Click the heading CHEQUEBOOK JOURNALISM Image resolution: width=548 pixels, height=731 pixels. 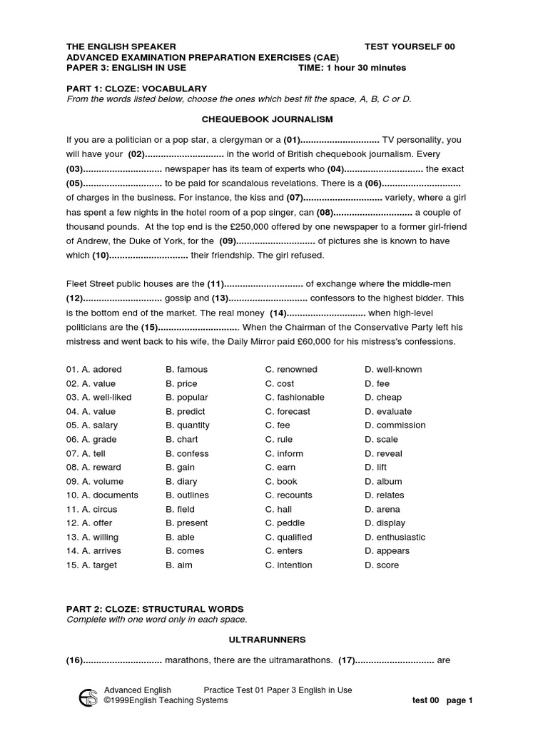[268, 119]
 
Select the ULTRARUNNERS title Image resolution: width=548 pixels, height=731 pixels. [267, 640]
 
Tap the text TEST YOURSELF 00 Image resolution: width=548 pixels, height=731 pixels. [409, 46]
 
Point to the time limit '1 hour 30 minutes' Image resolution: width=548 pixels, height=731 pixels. [366, 68]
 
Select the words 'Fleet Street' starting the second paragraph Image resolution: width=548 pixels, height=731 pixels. [91, 284]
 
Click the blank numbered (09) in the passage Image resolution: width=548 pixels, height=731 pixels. [267, 241]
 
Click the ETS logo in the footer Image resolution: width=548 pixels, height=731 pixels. [88, 695]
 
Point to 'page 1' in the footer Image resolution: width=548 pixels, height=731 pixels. [460, 700]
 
